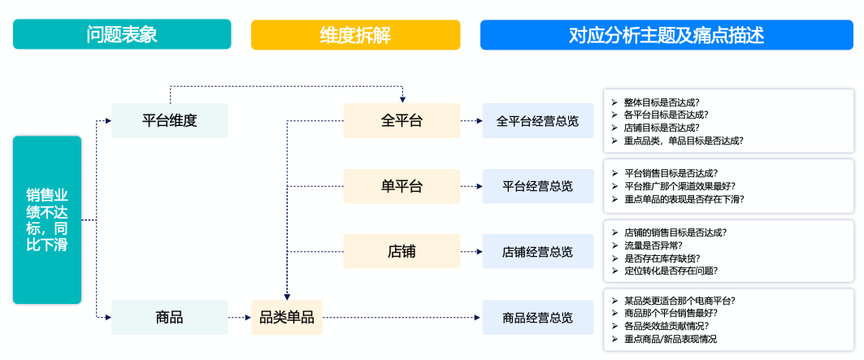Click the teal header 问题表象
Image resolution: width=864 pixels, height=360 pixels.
[122, 34]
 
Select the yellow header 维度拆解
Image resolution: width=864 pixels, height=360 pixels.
[355, 35]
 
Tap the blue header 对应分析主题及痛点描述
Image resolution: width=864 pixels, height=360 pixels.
[666, 35]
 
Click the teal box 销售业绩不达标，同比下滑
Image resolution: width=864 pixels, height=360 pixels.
[47, 220]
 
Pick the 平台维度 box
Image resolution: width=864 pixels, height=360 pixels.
[170, 121]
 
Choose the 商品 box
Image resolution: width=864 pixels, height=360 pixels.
[170, 318]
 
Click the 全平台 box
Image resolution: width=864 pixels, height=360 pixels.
[402, 121]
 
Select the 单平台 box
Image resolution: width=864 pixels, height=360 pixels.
[402, 186]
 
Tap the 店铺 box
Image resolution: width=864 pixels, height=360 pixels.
[402, 251]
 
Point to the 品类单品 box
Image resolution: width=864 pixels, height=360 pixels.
[287, 318]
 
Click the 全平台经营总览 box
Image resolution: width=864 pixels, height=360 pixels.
[538, 121]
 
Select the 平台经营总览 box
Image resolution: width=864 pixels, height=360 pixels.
[538, 186]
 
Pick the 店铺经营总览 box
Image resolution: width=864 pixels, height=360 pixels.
[538, 251]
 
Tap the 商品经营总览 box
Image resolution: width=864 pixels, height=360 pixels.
[538, 318]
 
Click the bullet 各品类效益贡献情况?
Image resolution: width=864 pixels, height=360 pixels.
[666, 327]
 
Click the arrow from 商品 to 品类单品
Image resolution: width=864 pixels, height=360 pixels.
[240, 318]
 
